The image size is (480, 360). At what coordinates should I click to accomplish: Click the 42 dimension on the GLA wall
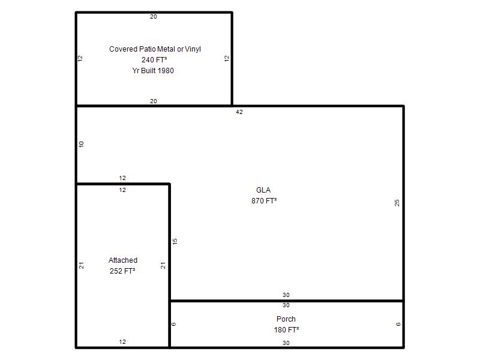pyautogui.click(x=239, y=112)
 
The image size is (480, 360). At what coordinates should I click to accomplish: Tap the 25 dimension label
pyautogui.click(x=397, y=203)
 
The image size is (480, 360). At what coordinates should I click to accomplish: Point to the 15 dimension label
pyautogui.click(x=175, y=241)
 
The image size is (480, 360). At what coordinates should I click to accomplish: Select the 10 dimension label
pyautogui.click(x=81, y=144)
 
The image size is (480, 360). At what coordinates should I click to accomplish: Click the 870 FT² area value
pyautogui.click(x=264, y=201)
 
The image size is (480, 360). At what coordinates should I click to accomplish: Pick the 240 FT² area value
pyautogui.click(x=154, y=59)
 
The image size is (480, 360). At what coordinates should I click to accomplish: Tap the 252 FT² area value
pyautogui.click(x=122, y=271)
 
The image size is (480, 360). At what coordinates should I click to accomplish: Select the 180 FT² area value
pyautogui.click(x=286, y=329)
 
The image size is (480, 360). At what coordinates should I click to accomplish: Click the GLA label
pyautogui.click(x=263, y=190)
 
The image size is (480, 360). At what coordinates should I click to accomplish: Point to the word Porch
pyautogui.click(x=286, y=319)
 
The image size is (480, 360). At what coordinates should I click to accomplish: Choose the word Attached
pyautogui.click(x=123, y=260)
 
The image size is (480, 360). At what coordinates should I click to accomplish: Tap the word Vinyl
pyautogui.click(x=193, y=49)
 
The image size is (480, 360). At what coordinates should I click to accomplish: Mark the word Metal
pyautogui.click(x=166, y=49)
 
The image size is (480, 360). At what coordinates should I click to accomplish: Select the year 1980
pyautogui.click(x=166, y=70)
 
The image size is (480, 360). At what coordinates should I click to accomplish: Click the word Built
pyautogui.click(x=148, y=70)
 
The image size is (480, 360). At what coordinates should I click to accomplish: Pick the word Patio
pyautogui.click(x=147, y=49)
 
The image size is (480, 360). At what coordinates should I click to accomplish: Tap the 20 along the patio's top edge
pyautogui.click(x=154, y=17)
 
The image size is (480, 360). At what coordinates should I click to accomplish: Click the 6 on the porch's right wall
pyautogui.click(x=398, y=324)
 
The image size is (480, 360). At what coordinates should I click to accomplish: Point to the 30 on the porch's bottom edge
pyautogui.click(x=286, y=343)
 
